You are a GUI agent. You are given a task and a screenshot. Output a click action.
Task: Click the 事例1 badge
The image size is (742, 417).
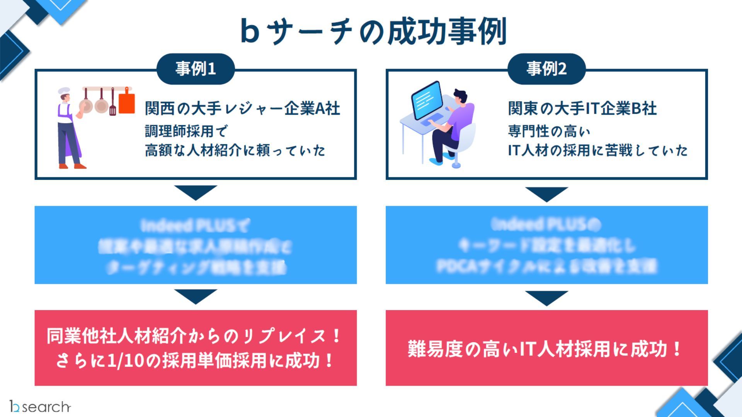(x=196, y=69)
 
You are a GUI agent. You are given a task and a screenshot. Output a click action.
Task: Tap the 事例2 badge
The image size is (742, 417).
(x=546, y=69)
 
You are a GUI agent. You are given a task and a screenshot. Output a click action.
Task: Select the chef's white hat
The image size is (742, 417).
(x=64, y=91)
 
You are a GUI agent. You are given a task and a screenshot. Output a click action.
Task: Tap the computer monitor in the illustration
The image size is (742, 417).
(x=427, y=100)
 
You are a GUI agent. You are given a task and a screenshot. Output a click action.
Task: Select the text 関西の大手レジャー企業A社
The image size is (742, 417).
(x=242, y=108)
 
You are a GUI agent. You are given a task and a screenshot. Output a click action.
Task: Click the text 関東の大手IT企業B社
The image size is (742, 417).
(x=582, y=108)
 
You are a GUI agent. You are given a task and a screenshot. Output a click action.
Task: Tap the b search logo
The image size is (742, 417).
(x=40, y=406)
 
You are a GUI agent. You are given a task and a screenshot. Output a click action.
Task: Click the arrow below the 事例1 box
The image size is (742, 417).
(x=196, y=192)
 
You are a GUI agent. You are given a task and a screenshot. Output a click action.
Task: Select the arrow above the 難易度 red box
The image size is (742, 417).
(x=546, y=297)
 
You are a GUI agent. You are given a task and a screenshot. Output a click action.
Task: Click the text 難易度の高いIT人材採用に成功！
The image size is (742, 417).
(x=545, y=349)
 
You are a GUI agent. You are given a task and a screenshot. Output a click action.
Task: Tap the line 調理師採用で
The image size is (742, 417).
(x=186, y=131)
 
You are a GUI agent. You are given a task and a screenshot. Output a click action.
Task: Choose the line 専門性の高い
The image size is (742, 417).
(x=549, y=131)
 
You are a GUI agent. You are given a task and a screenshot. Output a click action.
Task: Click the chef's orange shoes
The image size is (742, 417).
(x=72, y=166)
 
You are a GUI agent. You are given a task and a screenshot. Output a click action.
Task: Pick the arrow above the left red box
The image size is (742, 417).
(x=196, y=296)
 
